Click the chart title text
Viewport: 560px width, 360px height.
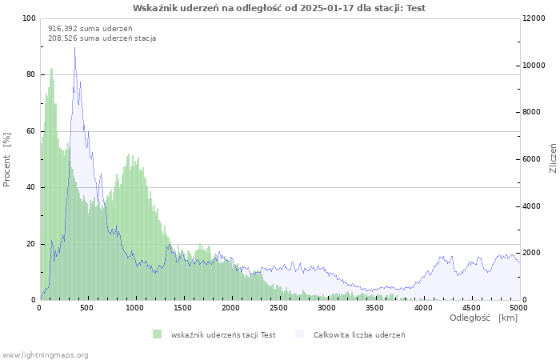click(x=279, y=8)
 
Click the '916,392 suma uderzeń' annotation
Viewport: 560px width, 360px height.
click(x=90, y=28)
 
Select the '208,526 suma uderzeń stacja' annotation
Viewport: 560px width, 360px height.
click(x=102, y=38)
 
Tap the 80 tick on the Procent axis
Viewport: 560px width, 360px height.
click(x=31, y=74)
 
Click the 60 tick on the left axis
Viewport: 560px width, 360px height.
click(x=31, y=131)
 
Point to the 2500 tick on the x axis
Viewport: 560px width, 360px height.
click(x=279, y=307)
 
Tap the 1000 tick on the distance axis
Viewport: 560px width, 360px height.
click(x=135, y=307)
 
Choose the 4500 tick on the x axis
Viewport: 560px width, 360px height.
click(x=471, y=307)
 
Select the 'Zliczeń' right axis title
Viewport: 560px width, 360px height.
click(x=553, y=159)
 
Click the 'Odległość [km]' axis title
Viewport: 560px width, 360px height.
click(x=483, y=318)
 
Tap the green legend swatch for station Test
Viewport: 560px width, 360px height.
click(x=157, y=334)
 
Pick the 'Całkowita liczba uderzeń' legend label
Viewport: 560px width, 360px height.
click(x=359, y=334)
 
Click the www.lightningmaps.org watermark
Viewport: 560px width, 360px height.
click(x=45, y=354)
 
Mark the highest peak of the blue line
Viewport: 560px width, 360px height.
click(x=75, y=47)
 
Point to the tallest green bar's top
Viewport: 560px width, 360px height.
click(x=51, y=69)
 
